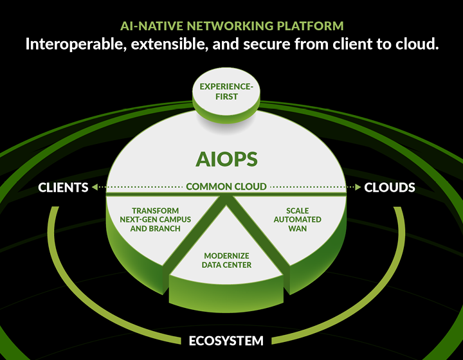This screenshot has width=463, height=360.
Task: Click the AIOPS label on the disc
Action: (x=227, y=158)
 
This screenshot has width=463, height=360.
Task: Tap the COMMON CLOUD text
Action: (x=226, y=187)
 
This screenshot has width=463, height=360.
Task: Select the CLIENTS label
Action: (x=63, y=188)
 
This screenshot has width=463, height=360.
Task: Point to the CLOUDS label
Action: (x=390, y=188)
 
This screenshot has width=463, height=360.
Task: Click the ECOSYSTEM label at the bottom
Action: (x=226, y=340)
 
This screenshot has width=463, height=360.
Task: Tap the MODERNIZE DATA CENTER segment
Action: (x=226, y=260)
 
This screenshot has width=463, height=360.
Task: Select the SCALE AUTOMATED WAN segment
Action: (x=304, y=220)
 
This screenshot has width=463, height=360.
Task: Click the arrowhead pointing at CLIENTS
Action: (x=95, y=187)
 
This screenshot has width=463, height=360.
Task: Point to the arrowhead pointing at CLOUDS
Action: (x=358, y=187)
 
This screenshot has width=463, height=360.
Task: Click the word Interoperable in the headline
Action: (x=77, y=45)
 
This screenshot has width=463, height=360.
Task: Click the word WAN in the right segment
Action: (x=304, y=229)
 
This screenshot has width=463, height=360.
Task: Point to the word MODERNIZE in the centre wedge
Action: (x=226, y=255)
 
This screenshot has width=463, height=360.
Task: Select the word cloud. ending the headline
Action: (x=419, y=45)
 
